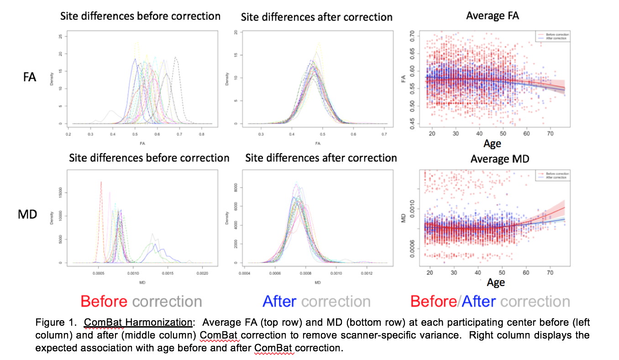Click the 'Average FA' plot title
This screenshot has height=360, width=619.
[493, 16]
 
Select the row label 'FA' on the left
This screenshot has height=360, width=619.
[30, 77]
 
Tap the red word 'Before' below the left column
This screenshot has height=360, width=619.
[104, 302]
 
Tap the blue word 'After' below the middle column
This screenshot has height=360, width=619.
[279, 302]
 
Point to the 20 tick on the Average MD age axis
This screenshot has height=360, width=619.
[430, 273]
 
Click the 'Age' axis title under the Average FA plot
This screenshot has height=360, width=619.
[492, 143]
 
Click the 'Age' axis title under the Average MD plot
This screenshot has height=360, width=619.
[496, 282]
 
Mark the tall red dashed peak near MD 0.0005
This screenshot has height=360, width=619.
[101, 183]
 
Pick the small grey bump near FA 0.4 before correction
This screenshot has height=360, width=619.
[111, 111]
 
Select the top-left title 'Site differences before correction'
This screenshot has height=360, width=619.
[141, 16]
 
